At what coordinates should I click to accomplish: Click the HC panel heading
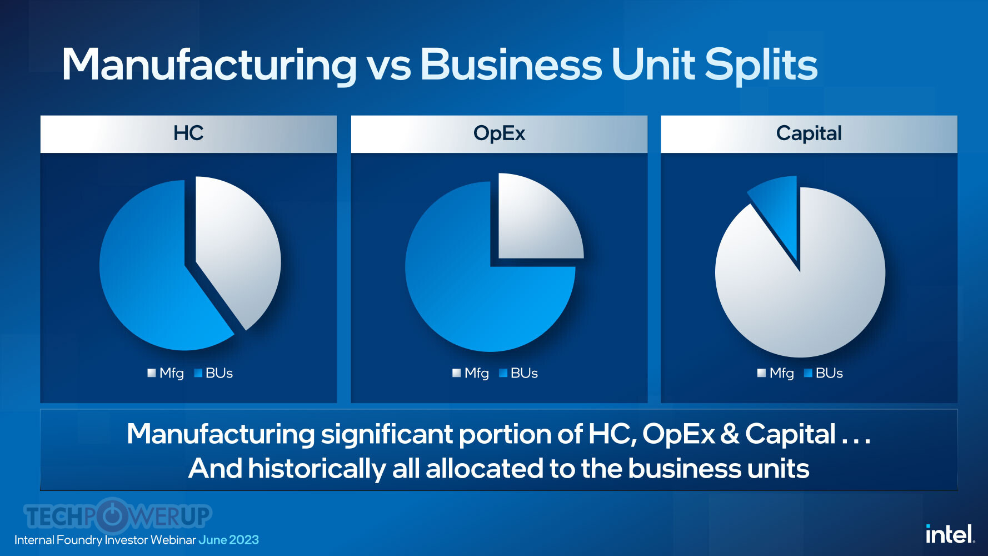[x=188, y=133]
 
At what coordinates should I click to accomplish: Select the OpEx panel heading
[x=499, y=133]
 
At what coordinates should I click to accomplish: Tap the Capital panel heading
[x=809, y=133]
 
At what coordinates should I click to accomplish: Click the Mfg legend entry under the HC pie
[x=166, y=373]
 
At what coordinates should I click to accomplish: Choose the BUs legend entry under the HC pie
[x=213, y=373]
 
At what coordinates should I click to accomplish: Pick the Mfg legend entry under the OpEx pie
[x=471, y=373]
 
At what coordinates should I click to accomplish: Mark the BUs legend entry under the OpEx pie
[x=518, y=373]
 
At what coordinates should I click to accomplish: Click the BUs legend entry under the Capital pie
[x=824, y=373]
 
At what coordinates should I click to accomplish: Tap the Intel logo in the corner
[x=950, y=534]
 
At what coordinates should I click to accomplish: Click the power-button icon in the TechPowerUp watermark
[x=113, y=516]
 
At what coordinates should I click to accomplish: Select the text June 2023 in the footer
[x=228, y=540]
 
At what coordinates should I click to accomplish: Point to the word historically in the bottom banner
[x=317, y=469]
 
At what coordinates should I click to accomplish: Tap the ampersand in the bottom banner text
[x=730, y=434]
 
